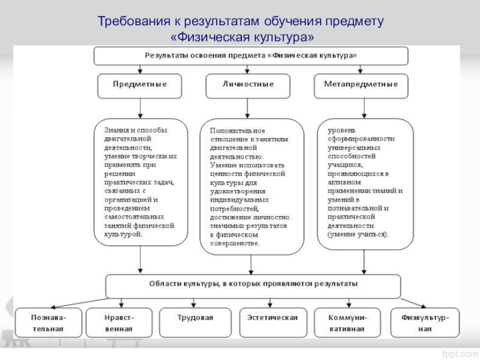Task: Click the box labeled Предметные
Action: coord(140,85)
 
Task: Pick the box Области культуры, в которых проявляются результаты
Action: coord(252,284)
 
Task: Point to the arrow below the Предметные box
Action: coord(140,108)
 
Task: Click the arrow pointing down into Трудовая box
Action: coord(195,302)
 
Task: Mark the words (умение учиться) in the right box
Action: coord(358,234)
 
